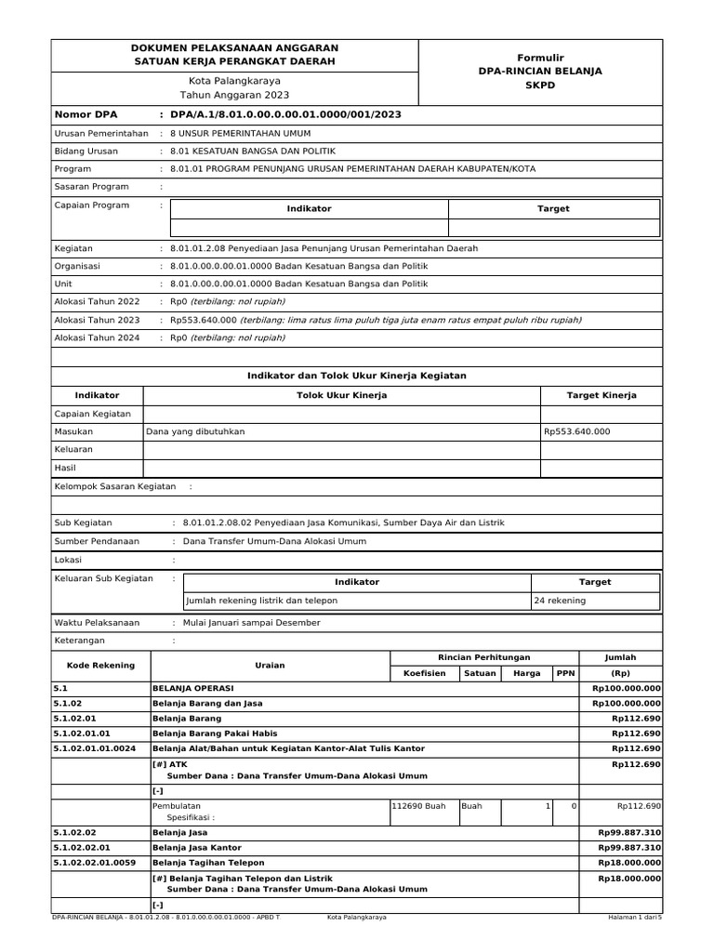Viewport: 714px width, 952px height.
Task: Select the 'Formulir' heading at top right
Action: click(x=540, y=58)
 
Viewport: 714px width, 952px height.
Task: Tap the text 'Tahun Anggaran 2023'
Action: click(x=234, y=95)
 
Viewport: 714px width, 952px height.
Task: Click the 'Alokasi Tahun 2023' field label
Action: click(x=97, y=320)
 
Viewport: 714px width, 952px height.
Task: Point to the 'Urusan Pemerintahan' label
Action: click(x=101, y=134)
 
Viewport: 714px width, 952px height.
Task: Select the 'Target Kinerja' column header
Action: click(x=602, y=395)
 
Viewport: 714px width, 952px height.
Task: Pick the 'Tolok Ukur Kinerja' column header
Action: click(x=341, y=395)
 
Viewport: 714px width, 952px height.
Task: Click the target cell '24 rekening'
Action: click(x=560, y=601)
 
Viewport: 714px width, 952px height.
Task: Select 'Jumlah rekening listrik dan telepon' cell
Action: click(x=262, y=601)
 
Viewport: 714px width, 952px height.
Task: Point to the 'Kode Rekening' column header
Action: click(x=100, y=666)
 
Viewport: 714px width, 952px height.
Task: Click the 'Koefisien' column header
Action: click(x=424, y=673)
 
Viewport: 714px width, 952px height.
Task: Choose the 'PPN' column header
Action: click(x=564, y=673)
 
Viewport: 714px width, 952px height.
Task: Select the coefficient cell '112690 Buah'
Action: click(x=420, y=806)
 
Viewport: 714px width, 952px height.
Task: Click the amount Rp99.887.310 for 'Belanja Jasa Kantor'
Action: click(x=628, y=848)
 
